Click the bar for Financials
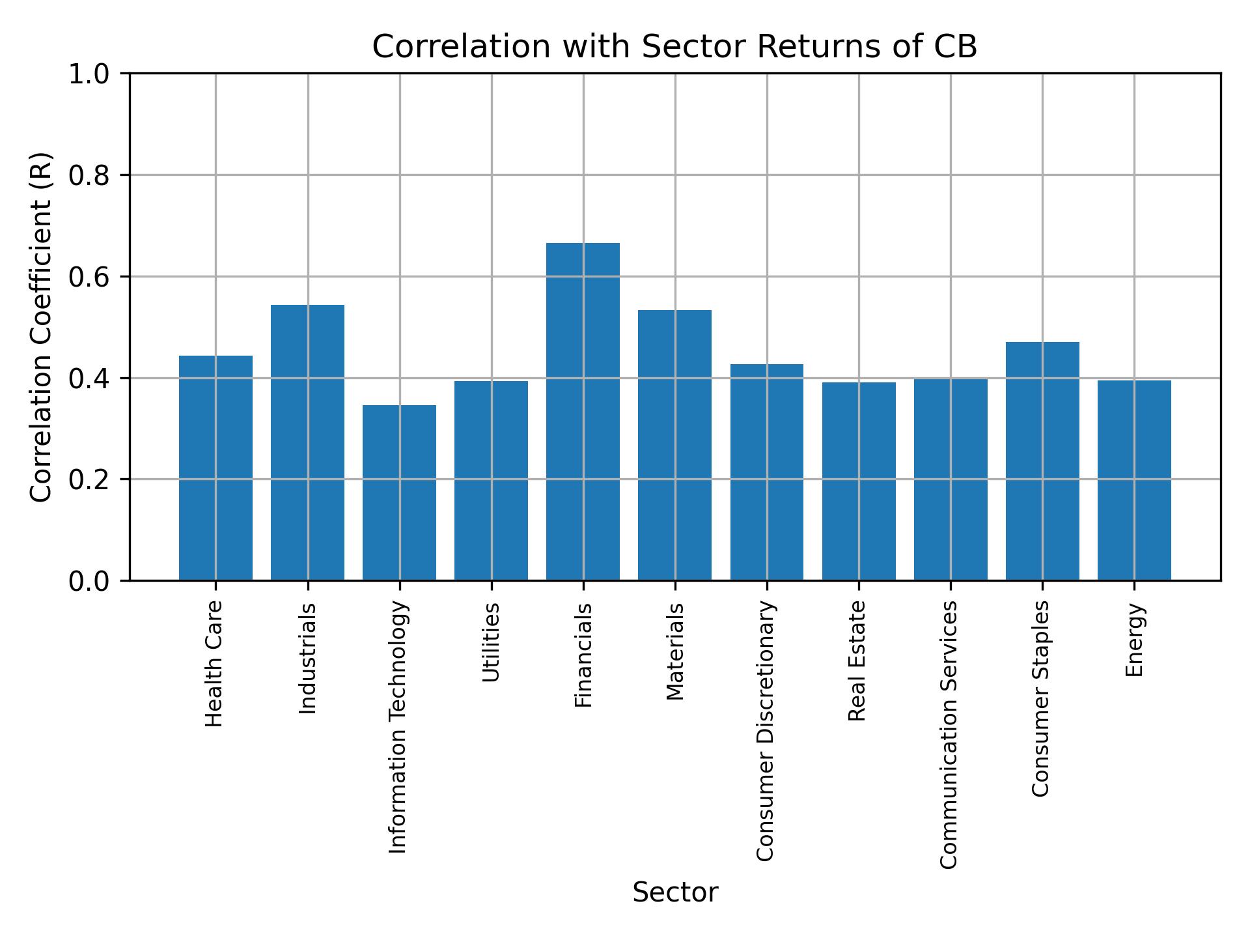tap(583, 411)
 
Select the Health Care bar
tap(215, 468)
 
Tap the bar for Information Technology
tap(399, 492)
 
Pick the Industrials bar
tap(307, 442)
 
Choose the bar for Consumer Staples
tap(1042, 461)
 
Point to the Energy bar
tap(1133, 480)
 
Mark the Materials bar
tap(674, 445)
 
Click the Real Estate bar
tap(858, 481)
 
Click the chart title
tap(674, 47)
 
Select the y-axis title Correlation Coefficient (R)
tap(41, 327)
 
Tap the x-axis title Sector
tap(675, 892)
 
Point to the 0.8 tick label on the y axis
tap(90, 175)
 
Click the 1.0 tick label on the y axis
tap(90, 74)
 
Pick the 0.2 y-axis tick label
tap(90, 479)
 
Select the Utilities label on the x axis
tap(492, 642)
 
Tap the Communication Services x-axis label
tap(949, 734)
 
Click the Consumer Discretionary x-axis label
tap(766, 731)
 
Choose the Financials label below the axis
tap(583, 655)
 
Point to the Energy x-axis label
tap(1134, 640)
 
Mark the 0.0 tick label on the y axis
tap(90, 580)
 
